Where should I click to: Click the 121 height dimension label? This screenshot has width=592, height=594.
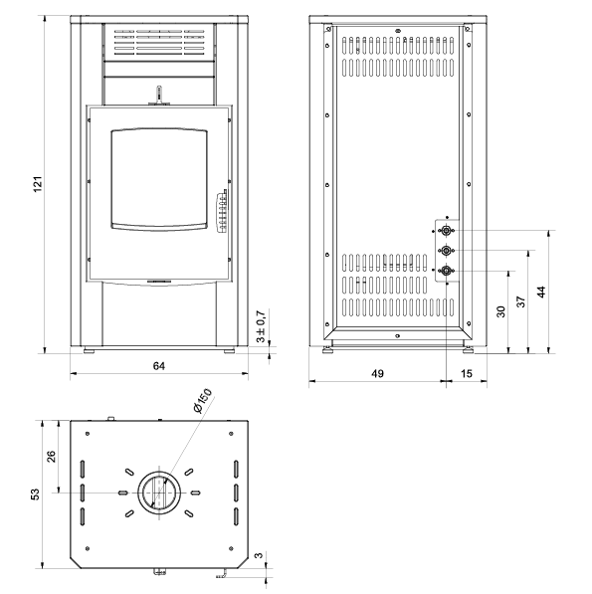[38, 184]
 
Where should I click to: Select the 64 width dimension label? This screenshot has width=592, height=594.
[159, 366]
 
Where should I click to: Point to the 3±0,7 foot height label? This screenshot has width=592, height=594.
[261, 326]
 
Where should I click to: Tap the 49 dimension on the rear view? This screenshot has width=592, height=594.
[377, 373]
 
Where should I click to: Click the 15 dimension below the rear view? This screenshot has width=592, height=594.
[467, 373]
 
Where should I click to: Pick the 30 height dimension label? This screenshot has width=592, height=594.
[500, 311]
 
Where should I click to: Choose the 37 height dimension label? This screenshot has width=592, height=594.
[521, 301]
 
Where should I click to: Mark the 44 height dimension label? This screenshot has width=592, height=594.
[541, 292]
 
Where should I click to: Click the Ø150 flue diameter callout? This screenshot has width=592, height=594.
[202, 401]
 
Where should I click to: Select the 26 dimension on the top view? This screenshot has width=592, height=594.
[51, 456]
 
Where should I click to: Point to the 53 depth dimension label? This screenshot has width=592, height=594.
[35, 495]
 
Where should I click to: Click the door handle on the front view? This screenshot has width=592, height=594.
[222, 211]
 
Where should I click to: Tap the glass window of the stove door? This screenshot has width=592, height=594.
[159, 179]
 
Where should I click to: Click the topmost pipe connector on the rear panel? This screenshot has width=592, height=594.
[446, 230]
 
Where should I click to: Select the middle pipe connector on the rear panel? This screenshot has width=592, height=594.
[446, 251]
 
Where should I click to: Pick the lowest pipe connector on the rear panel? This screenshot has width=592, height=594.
[446, 271]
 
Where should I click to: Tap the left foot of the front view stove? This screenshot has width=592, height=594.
[89, 351]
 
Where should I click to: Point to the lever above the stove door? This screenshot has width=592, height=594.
[159, 95]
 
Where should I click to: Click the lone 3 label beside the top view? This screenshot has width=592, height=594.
[259, 555]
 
